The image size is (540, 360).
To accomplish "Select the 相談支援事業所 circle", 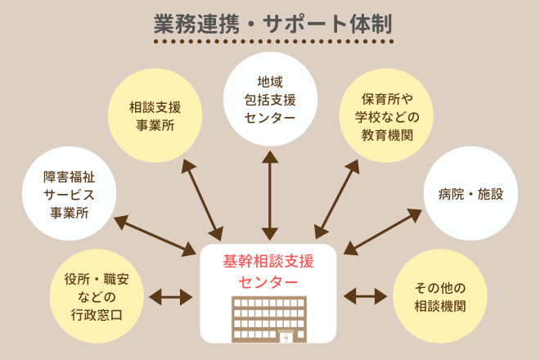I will pyautogui.click(x=155, y=116).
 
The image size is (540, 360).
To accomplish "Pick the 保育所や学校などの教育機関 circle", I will pyautogui.click(x=385, y=116).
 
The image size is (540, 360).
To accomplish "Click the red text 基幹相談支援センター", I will pyautogui.click(x=268, y=272).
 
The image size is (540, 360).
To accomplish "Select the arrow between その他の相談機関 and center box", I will pyautogui.click(x=366, y=295).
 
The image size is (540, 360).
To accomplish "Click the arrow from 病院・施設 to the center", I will pyautogui.click(x=383, y=232).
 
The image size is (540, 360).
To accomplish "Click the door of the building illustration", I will pyautogui.click(x=286, y=336).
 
